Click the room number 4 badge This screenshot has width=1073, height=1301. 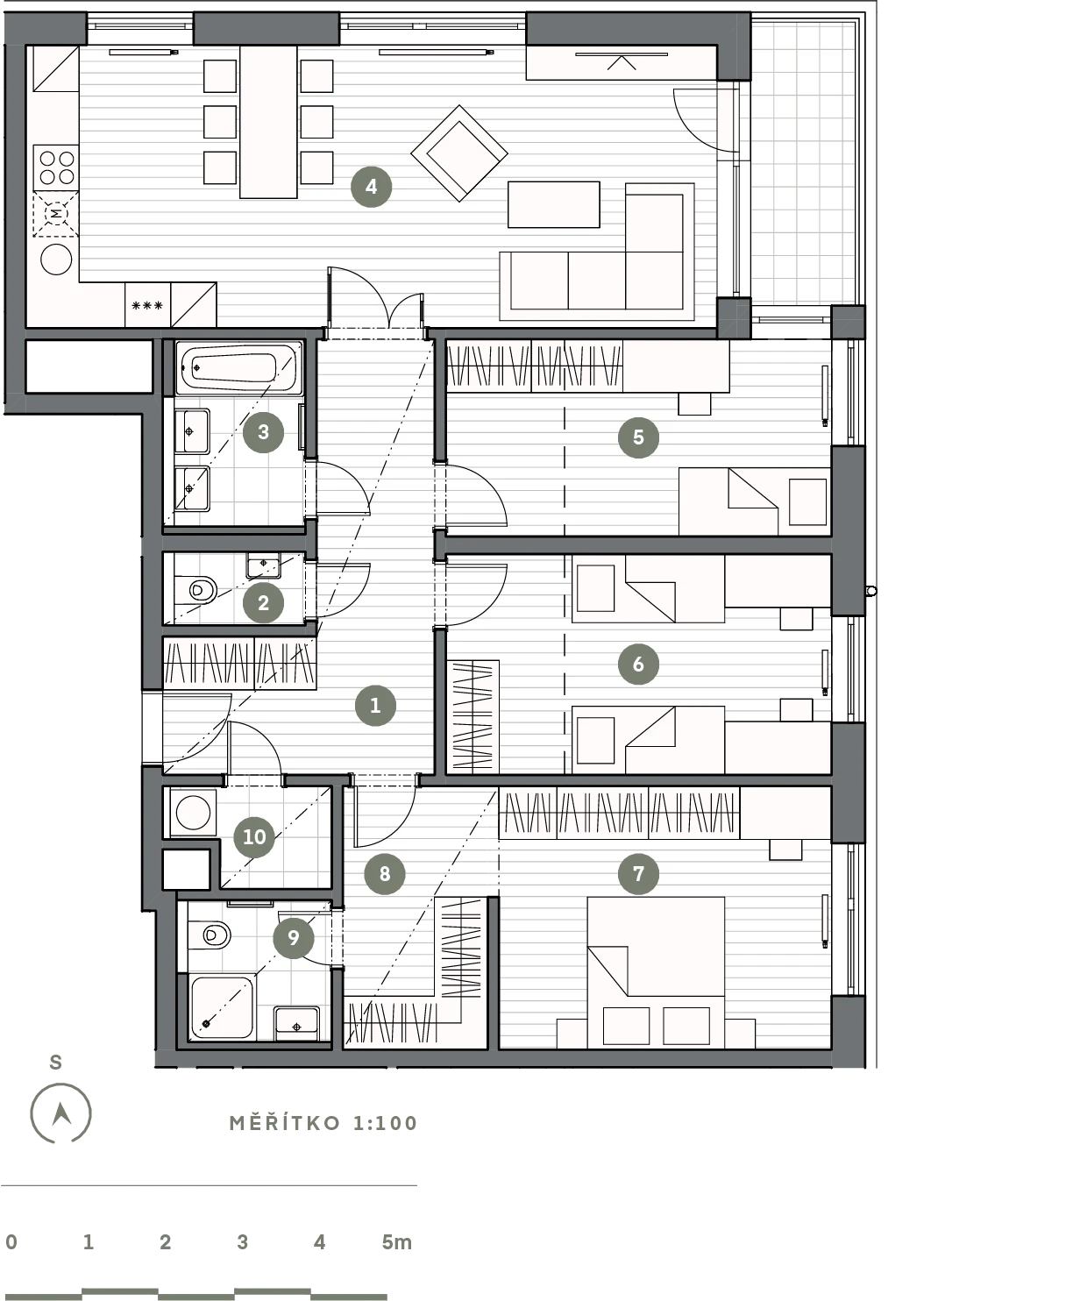point(372,187)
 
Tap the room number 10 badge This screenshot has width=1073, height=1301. point(254,837)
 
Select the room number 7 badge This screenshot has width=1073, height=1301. point(638,873)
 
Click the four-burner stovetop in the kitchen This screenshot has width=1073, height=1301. point(56,167)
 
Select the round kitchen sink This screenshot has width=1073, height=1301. point(56,259)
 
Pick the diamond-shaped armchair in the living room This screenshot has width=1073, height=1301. point(459,153)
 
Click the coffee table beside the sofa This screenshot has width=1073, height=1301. point(554,204)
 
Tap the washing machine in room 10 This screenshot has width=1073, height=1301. point(193,813)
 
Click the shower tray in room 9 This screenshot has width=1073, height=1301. point(223,1007)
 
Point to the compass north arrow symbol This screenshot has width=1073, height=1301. point(61,1113)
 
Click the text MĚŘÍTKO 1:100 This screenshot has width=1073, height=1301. point(323,1123)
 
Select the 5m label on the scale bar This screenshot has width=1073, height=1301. point(397,1241)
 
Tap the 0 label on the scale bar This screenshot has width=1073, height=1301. point(11,1241)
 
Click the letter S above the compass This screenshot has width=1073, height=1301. point(56,1063)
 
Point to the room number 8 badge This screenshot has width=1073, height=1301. point(385,873)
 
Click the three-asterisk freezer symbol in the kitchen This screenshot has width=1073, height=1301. point(147,305)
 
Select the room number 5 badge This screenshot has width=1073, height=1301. point(638,437)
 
